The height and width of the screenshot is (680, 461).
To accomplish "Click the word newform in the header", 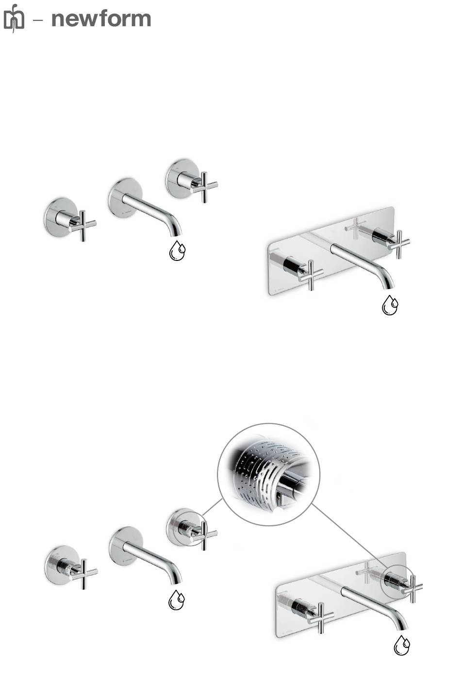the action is click(101, 19).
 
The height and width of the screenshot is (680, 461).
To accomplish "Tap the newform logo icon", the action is click(14, 18).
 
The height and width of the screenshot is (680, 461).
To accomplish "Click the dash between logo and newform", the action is click(38, 20).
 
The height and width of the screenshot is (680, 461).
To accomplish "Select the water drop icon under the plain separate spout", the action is click(177, 251).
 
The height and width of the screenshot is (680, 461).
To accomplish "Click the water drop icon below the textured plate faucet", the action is click(402, 645).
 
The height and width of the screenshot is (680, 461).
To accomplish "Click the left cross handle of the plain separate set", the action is click(82, 225).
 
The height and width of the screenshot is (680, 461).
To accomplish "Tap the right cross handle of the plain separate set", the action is click(204, 187).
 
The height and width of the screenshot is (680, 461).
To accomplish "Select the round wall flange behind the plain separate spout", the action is click(125, 197).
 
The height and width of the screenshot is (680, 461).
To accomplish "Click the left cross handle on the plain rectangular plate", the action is click(311, 275).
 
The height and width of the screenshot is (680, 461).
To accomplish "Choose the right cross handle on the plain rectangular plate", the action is click(398, 244).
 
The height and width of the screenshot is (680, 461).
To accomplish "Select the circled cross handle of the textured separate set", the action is click(204, 535).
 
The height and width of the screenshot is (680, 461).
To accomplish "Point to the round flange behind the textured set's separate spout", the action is click(126, 546).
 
